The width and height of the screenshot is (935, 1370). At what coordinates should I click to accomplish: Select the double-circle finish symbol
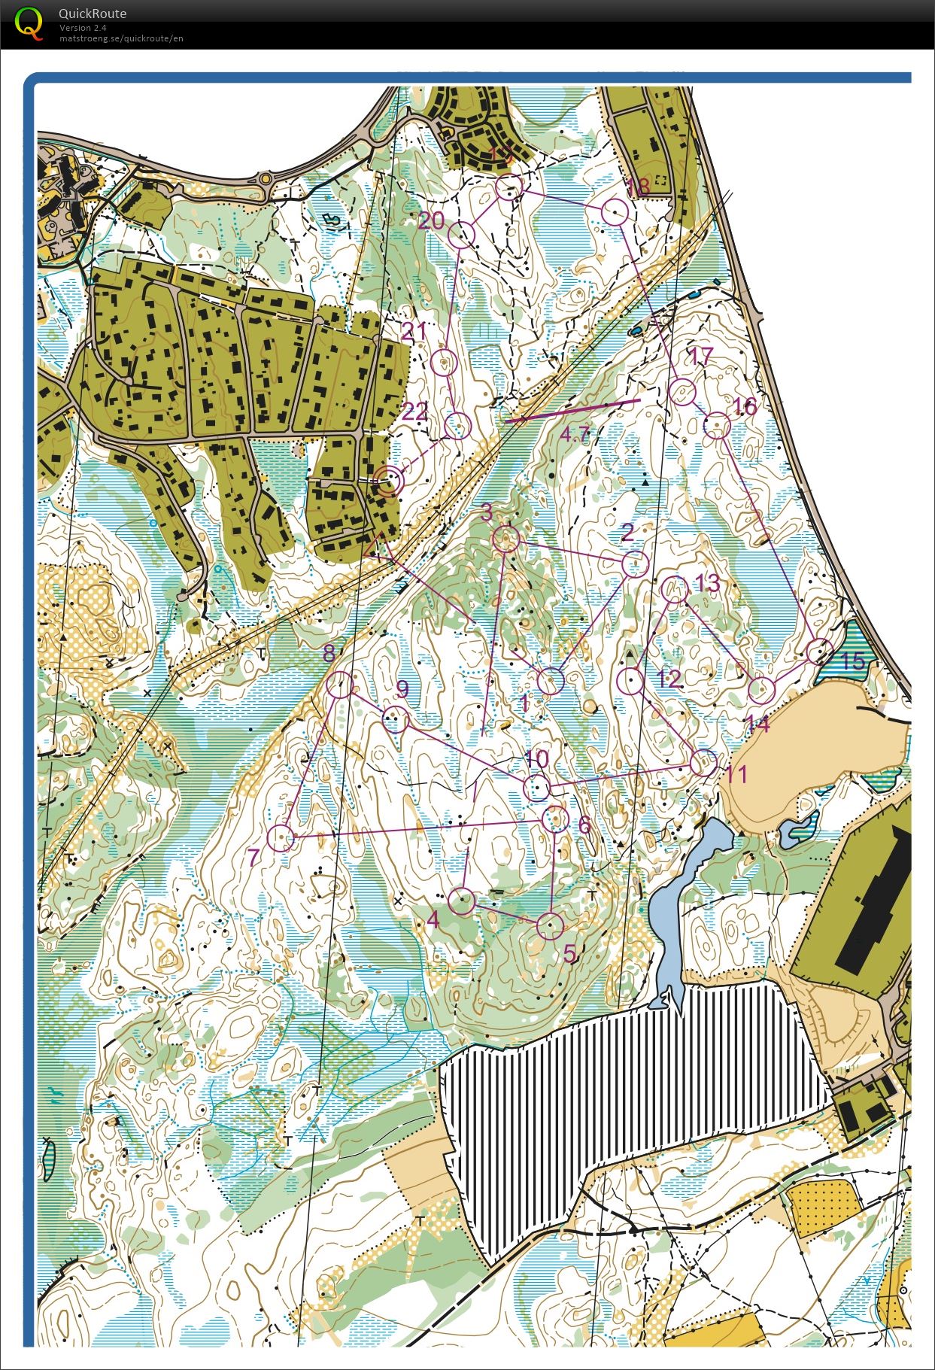pyautogui.click(x=387, y=481)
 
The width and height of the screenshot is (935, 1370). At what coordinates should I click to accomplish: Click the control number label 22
pyautogui.click(x=414, y=412)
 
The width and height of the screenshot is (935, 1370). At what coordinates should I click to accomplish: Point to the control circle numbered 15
pyautogui.click(x=820, y=652)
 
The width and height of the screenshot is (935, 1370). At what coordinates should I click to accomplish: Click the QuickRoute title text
pyautogui.click(x=92, y=14)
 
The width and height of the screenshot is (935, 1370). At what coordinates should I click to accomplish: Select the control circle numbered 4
pyautogui.click(x=462, y=901)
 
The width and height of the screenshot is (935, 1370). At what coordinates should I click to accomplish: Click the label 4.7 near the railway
pyautogui.click(x=574, y=433)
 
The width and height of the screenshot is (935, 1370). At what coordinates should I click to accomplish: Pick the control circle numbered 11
pyautogui.click(x=704, y=763)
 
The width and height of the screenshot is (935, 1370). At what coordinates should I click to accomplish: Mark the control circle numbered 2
pyautogui.click(x=635, y=563)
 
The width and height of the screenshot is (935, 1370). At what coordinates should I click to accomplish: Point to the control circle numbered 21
pyautogui.click(x=445, y=363)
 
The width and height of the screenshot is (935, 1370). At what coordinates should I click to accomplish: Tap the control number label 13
pyautogui.click(x=708, y=582)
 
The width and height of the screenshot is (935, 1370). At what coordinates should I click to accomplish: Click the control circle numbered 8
pyautogui.click(x=340, y=684)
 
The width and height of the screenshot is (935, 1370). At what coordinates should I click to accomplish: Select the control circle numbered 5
pyautogui.click(x=550, y=925)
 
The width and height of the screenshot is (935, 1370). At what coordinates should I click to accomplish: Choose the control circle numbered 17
pyautogui.click(x=682, y=392)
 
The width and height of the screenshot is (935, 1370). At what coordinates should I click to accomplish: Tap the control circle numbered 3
pyautogui.click(x=506, y=539)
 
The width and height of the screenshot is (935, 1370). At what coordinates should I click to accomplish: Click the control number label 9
pyautogui.click(x=402, y=689)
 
